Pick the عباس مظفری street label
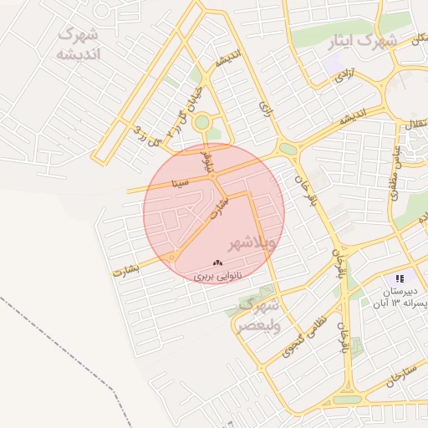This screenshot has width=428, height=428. point(393,171)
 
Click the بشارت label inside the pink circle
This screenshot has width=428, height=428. point(216,208)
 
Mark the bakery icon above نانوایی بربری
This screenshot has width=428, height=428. point(219,262)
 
